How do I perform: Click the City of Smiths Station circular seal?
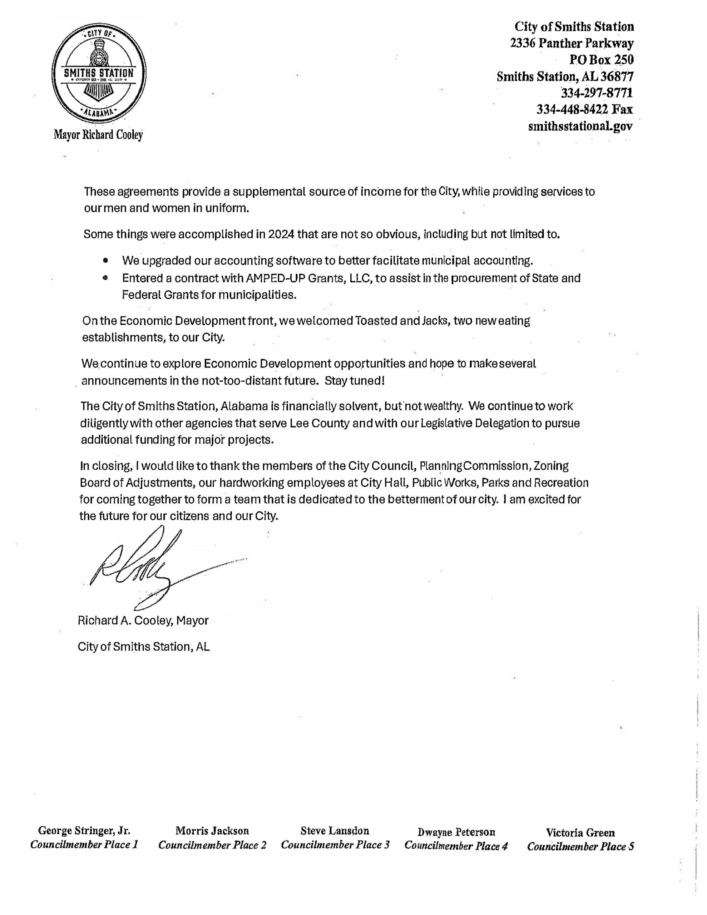[99, 73]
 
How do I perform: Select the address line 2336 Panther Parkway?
[572, 43]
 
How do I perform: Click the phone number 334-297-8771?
[597, 93]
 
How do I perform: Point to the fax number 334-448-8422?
[572, 109]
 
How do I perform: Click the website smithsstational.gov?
[580, 126]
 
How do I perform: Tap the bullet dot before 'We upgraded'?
[105, 260]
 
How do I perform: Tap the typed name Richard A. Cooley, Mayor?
[143, 620]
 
